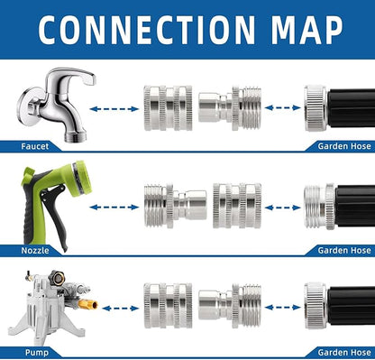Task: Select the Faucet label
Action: tap(37, 146)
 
